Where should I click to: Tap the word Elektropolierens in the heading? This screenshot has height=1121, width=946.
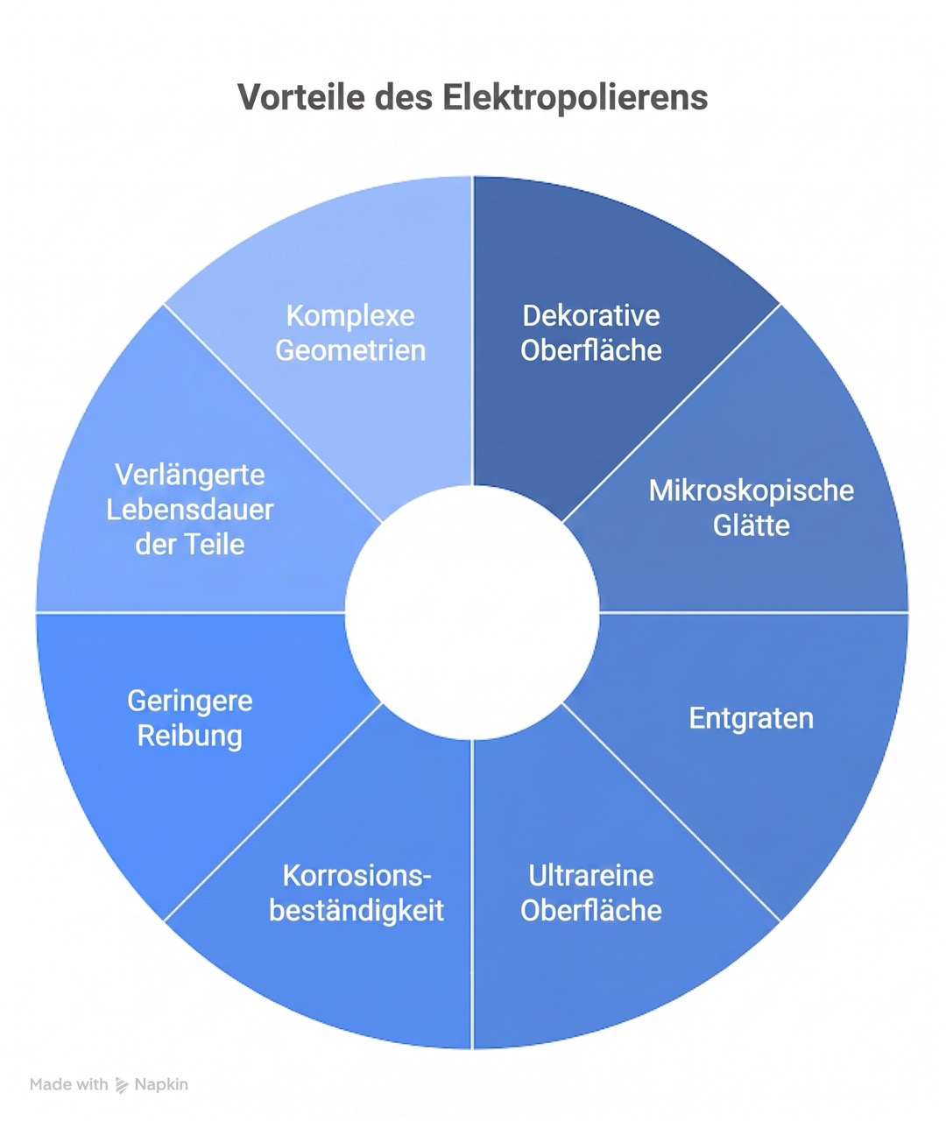pyautogui.click(x=575, y=97)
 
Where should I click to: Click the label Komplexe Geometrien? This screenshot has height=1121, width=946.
pyautogui.click(x=350, y=333)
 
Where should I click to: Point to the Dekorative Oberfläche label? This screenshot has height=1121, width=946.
pyautogui.click(x=591, y=333)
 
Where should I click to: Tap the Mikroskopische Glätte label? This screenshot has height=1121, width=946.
pyautogui.click(x=752, y=508)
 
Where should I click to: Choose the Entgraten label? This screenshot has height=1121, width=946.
pyautogui.click(x=752, y=719)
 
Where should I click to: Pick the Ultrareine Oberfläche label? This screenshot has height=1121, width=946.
pyautogui.click(x=591, y=893)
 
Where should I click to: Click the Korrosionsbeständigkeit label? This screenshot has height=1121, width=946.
pyautogui.click(x=357, y=893)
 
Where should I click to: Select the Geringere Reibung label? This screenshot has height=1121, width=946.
pyautogui.click(x=190, y=718)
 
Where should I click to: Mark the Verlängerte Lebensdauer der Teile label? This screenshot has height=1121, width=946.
pyautogui.click(x=190, y=510)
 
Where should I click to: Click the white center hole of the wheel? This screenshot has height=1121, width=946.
pyautogui.click(x=472, y=612)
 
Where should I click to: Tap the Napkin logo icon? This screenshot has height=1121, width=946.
pyautogui.click(x=122, y=1085)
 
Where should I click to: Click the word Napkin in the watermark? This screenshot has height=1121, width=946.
pyautogui.click(x=161, y=1084)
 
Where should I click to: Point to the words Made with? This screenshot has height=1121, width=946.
pyautogui.click(x=68, y=1084)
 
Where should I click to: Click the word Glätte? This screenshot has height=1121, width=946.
pyautogui.click(x=752, y=525)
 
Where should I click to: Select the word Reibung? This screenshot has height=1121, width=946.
pyautogui.click(x=190, y=737)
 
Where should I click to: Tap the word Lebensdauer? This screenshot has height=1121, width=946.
pyautogui.click(x=190, y=510)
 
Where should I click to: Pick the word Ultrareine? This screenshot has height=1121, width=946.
pyautogui.click(x=591, y=876)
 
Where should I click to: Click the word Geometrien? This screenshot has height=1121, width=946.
pyautogui.click(x=350, y=350)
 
